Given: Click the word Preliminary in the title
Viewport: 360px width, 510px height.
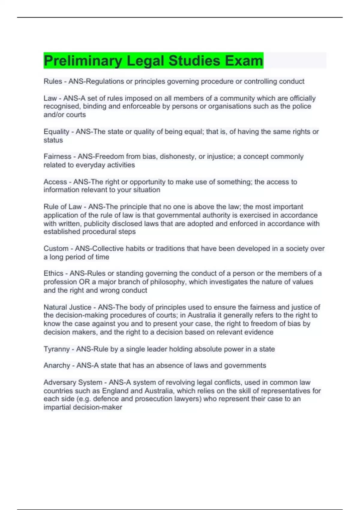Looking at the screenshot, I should coord(83,61).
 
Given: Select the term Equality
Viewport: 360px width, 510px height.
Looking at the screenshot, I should coord(56,132).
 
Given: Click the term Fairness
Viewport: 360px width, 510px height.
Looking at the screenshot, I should coord(57,157).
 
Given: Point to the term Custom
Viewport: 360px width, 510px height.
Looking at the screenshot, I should coord(56,249).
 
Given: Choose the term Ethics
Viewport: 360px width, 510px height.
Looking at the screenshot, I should coord(53,274).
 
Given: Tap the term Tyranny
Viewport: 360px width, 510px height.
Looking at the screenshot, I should coord(57,349).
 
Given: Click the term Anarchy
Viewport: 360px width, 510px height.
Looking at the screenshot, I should coord(57,366).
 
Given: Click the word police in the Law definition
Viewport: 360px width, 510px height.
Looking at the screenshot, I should coord(301,106).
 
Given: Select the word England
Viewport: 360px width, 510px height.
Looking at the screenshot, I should coord(115,391).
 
